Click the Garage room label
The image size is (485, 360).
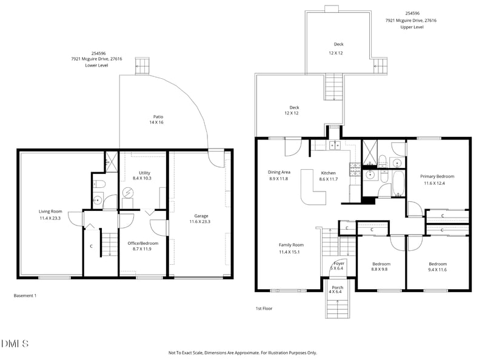pos(201,216)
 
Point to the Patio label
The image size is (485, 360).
pos(158,116)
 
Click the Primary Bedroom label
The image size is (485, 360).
pos(437,176)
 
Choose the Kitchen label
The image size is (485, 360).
pos(328,172)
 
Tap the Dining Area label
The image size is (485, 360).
pos(279,172)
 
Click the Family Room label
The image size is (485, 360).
pos(290,244)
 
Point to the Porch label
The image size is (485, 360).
pos(338,287)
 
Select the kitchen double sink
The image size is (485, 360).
pos(333,145)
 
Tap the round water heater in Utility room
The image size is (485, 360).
pos(129,193)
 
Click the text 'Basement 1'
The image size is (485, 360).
pos(25,296)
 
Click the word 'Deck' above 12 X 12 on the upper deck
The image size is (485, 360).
pos(338,44)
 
